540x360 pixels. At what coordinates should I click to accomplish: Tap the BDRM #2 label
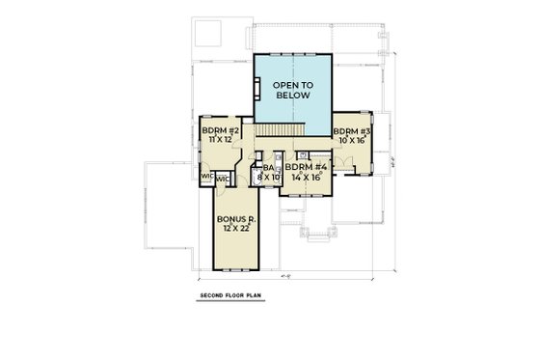(215, 129)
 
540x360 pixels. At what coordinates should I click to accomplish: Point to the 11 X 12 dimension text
(215, 139)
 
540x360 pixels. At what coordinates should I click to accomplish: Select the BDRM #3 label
(347, 129)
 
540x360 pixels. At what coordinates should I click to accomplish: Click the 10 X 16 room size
(347, 139)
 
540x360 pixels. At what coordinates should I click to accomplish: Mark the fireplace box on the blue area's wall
(256, 88)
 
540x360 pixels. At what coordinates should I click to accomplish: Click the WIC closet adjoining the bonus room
(222, 179)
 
